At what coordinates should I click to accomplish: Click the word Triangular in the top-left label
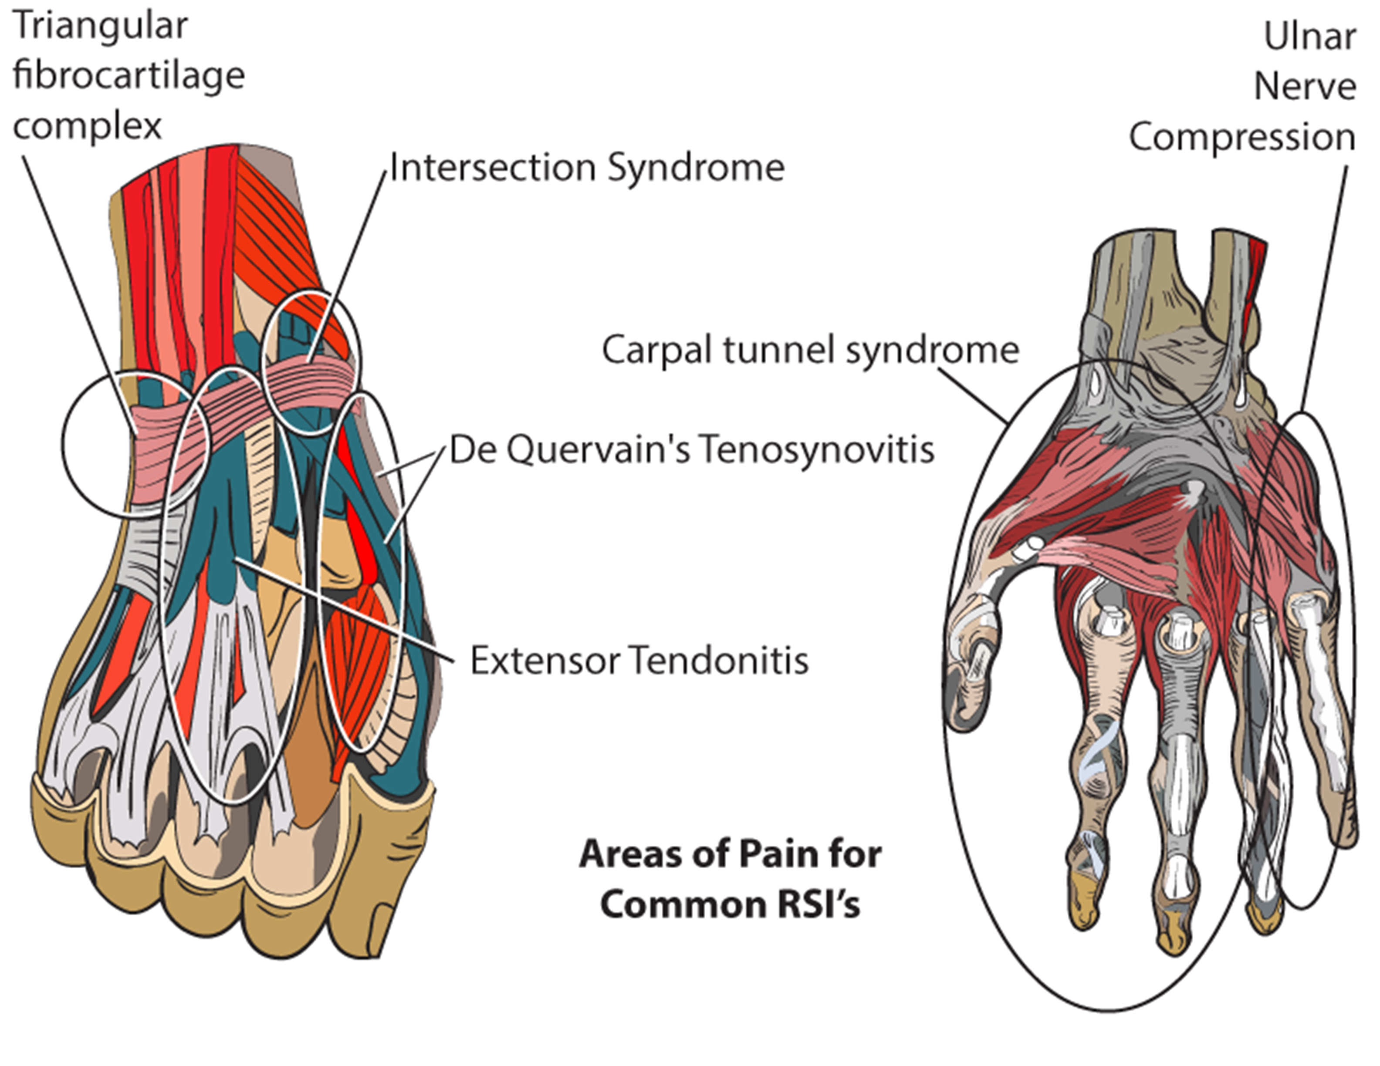pyautogui.click(x=100, y=27)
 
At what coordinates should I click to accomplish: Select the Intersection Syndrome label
pyautogui.click(x=586, y=168)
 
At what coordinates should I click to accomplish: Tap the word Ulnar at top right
pyautogui.click(x=1309, y=37)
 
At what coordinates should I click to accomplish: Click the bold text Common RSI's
pyautogui.click(x=730, y=904)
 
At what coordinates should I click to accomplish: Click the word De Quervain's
pyautogui.click(x=568, y=450)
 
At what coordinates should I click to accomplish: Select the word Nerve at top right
pyautogui.click(x=1304, y=87)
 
